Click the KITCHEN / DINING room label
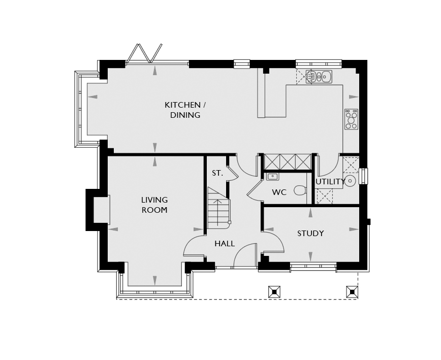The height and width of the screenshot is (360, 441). [185, 110]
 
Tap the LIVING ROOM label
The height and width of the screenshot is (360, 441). [154, 205]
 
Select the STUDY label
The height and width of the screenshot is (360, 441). [310, 233]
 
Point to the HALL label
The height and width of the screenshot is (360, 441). [225, 243]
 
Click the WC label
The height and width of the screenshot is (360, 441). [279, 192]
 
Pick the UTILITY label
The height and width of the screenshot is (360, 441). [330, 182]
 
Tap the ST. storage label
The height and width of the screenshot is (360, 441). [217, 173]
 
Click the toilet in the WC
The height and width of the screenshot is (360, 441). [300, 190]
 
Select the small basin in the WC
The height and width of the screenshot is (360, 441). [272, 177]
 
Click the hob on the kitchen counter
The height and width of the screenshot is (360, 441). [351, 119]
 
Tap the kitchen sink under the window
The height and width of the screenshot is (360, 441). [319, 77]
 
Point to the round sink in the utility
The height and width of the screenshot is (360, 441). [351, 181]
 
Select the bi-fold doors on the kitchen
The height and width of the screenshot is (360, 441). [144, 54]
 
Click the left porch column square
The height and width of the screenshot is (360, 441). [274, 292]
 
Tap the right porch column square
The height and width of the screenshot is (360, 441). [352, 292]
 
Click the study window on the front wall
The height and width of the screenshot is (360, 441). [313, 267]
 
